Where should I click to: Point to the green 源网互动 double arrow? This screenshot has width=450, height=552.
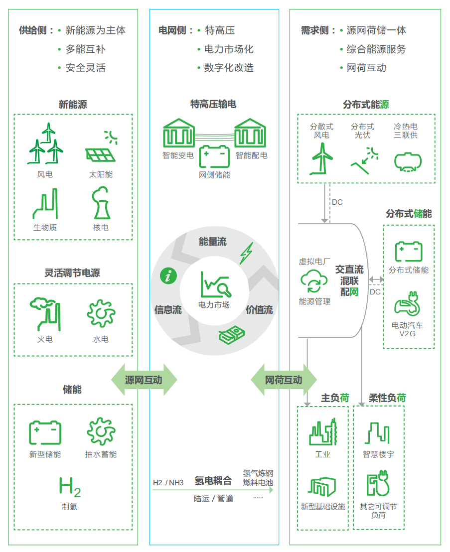tap(144, 380)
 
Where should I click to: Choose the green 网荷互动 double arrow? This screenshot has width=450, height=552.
tap(283, 380)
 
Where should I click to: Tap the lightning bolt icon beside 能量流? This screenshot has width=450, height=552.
tap(246, 253)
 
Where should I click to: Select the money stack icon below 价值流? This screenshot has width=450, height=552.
tap(232, 335)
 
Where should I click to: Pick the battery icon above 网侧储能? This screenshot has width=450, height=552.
tap(214, 156)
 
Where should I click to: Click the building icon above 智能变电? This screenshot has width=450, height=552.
tap(178, 134)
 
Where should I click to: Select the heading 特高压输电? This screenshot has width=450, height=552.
tap(213, 104)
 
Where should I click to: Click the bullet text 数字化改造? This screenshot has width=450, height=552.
tap(229, 68)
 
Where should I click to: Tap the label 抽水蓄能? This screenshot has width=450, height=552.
tap(101, 454)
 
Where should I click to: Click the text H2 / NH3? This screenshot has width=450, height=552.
tap(168, 482)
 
